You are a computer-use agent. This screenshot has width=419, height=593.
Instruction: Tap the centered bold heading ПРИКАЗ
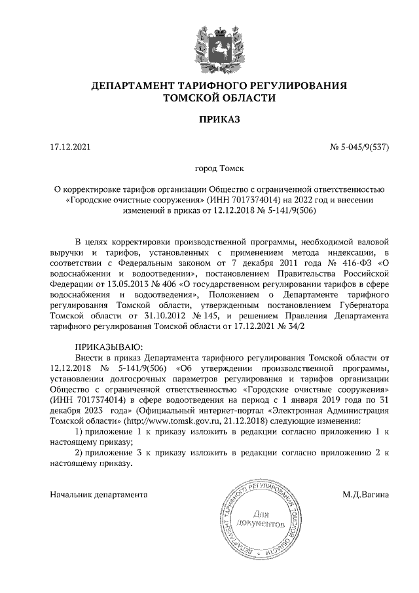(x=219, y=120)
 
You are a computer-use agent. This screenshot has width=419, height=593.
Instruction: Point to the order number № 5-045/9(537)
(x=359, y=147)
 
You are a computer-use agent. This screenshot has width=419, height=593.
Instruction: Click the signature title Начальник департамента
(x=99, y=494)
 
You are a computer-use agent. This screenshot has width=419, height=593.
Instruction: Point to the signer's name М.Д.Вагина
(x=365, y=494)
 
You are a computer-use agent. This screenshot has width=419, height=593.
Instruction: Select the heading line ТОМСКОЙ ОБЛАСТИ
(x=219, y=98)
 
